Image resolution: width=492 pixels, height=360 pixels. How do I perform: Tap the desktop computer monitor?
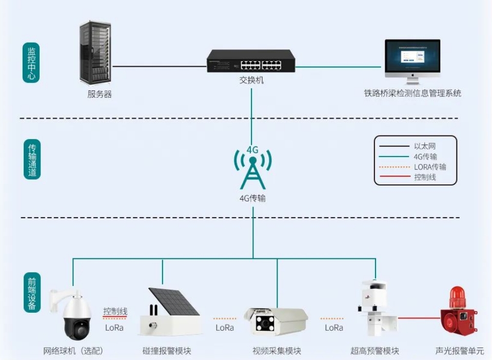click(412, 58)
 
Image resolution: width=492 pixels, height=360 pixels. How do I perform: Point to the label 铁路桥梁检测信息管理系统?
click(412, 93)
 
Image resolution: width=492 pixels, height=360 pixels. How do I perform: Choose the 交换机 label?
click(251, 80)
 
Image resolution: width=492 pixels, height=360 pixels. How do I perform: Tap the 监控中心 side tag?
click(31, 62)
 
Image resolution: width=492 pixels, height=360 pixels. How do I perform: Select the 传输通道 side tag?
click(32, 160)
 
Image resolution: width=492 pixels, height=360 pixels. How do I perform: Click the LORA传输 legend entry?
click(429, 167)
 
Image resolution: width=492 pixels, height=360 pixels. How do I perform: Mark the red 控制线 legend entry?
click(425, 177)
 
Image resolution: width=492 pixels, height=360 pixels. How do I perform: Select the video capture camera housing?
click(277, 321)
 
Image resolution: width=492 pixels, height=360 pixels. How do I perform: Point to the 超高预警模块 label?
click(375, 351)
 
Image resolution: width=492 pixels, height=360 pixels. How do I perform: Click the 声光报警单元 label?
click(459, 351)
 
